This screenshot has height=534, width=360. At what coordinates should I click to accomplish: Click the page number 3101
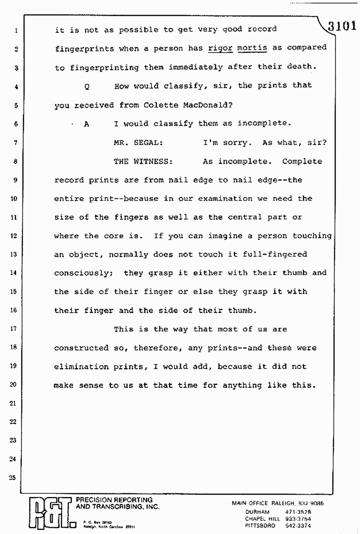coord(342,26)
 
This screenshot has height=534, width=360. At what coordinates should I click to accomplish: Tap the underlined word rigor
coord(220,48)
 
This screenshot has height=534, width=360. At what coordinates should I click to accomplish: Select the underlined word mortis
coord(252,48)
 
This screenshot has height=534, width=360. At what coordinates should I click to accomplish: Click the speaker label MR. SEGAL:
coord(138,142)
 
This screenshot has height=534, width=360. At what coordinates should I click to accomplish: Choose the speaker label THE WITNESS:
coord(143,161)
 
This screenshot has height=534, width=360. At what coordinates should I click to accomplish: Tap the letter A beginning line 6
coord(86,124)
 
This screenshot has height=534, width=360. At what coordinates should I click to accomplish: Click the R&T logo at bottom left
coord(48,513)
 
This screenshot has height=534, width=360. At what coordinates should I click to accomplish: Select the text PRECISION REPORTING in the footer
coord(112,500)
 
